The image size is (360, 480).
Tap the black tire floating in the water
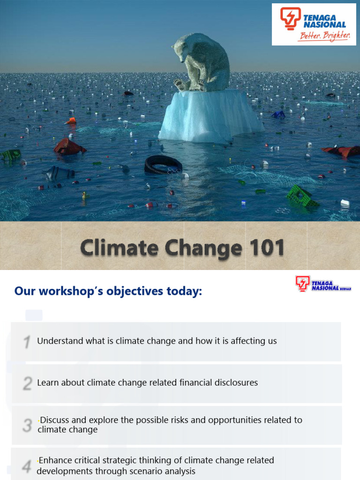[x=163, y=165]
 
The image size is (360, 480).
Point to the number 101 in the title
[x=264, y=247]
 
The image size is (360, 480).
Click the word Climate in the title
[x=118, y=247]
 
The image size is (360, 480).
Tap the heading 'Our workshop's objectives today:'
[x=108, y=291]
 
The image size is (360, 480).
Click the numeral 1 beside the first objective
[x=28, y=342]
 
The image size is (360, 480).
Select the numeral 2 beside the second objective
[x=28, y=383]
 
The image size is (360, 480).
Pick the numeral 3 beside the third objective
[x=28, y=425]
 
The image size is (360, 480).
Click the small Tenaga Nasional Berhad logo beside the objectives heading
[x=323, y=284]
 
